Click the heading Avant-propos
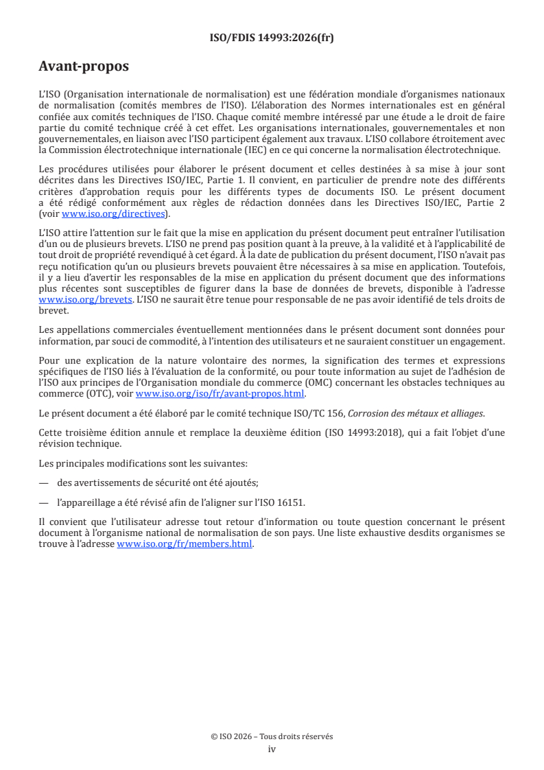click(84, 67)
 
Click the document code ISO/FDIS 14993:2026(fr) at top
click(272, 38)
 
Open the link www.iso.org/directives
click(115, 213)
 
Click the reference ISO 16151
click(351, 502)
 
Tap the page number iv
click(272, 749)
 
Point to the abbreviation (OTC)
click(97, 394)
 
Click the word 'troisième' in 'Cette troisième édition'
click(86, 432)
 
